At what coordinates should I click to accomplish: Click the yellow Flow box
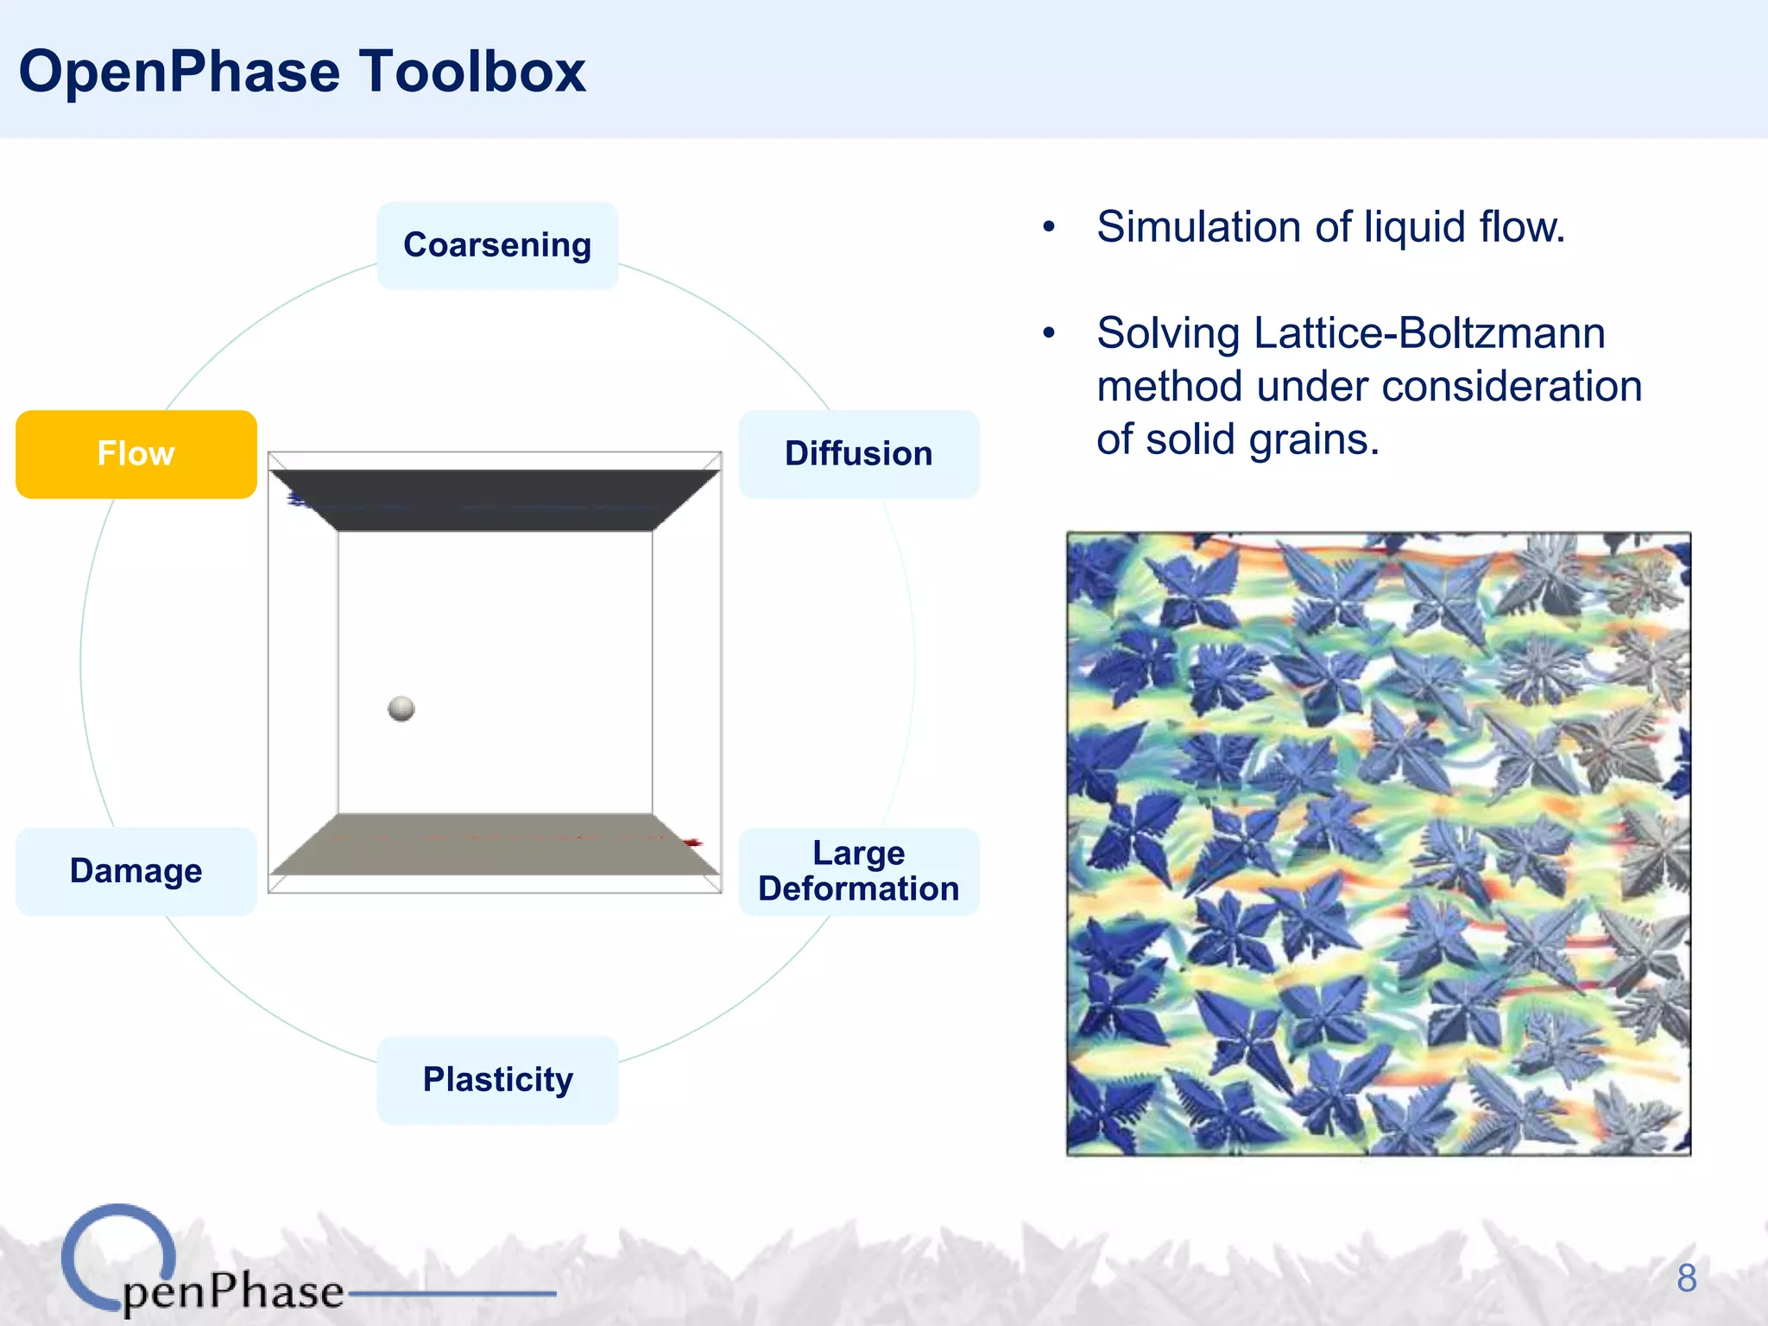click(136, 454)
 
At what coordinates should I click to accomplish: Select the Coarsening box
click(497, 245)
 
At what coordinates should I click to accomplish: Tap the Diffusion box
click(858, 454)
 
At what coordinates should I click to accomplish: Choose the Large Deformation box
click(858, 870)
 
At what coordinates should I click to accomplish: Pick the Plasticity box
click(497, 1079)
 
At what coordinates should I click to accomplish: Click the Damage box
click(136, 870)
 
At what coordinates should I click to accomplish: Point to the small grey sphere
click(401, 709)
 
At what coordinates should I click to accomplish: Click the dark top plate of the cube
click(495, 500)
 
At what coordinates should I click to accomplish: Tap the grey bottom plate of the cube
click(495, 844)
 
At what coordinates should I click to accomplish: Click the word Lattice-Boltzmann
click(1429, 333)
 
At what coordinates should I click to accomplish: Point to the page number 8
click(1686, 1279)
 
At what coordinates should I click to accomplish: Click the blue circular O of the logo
click(119, 1256)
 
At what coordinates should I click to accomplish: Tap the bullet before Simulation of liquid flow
click(1049, 227)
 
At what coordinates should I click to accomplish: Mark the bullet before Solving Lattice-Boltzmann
click(1049, 333)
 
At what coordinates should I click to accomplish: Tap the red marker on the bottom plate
click(692, 842)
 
